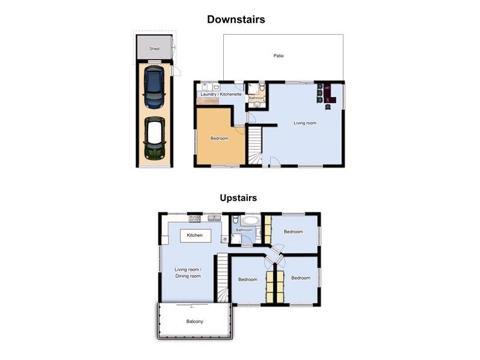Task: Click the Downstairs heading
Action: (x=236, y=19)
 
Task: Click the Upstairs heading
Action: (x=238, y=198)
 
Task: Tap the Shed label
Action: (x=154, y=49)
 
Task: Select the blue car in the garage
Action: (x=154, y=87)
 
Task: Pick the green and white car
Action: (x=155, y=138)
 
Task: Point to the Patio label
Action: (x=278, y=56)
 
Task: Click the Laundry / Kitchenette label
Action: (x=221, y=94)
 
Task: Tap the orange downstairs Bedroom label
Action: (x=220, y=139)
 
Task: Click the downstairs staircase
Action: (x=254, y=146)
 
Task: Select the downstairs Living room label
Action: (x=305, y=123)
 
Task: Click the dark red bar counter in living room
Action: (x=329, y=93)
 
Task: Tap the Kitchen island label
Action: (x=194, y=235)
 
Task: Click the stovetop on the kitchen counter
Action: (x=194, y=218)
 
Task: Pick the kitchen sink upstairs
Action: (x=214, y=218)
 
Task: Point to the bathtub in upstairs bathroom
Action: (x=251, y=220)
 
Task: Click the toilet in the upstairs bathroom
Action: (x=235, y=220)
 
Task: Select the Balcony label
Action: (x=194, y=322)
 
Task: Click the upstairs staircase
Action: (x=223, y=278)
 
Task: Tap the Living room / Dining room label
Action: (x=188, y=273)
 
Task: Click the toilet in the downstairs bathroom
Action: (x=262, y=88)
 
